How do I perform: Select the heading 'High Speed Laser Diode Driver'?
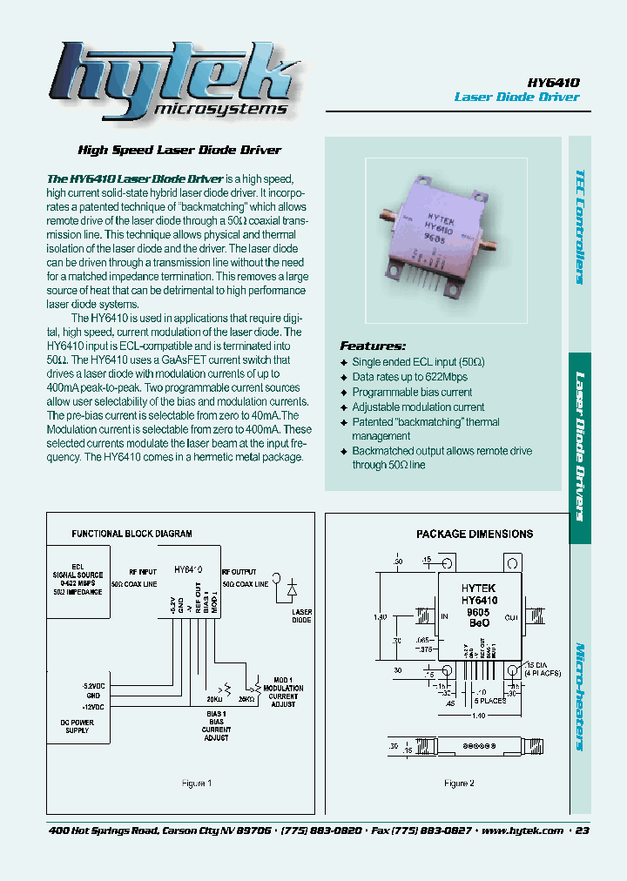coord(179,150)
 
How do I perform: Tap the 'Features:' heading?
coord(373,346)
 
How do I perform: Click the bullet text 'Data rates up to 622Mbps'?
coord(409,377)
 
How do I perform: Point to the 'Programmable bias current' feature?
coord(412,392)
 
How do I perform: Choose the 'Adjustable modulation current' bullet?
coord(418,407)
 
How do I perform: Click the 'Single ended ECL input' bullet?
coord(418,361)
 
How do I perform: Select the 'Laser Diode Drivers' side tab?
coord(579,446)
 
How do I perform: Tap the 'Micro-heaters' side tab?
coord(579,696)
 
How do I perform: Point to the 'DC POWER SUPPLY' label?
coord(77,725)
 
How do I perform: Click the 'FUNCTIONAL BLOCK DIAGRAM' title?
coord(131,534)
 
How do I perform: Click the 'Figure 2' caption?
coord(457,783)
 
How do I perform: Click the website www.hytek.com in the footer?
coord(522,831)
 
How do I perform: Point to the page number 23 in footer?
coord(583,831)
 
